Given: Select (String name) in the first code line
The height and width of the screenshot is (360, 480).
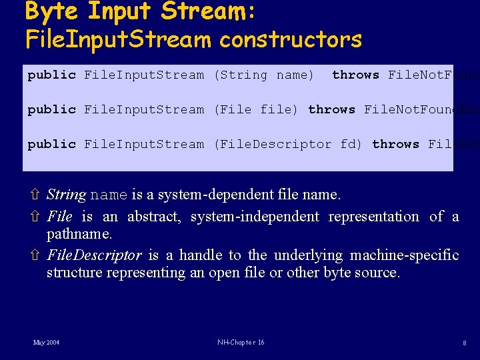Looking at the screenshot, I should click(263, 75).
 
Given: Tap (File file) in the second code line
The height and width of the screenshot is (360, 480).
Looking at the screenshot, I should click(255, 109).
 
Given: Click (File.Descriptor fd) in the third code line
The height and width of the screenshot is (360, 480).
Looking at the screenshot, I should click(288, 144).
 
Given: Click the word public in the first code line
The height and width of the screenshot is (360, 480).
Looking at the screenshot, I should click(51, 75).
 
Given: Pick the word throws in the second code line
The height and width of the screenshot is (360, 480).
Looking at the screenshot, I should click(331, 109).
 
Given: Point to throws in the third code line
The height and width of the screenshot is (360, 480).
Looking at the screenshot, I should click(395, 144).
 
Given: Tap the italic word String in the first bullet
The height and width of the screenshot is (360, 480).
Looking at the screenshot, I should click(66, 195).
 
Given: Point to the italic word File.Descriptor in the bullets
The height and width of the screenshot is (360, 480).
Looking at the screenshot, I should click(94, 255).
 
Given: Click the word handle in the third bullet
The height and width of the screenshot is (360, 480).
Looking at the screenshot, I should click(201, 255).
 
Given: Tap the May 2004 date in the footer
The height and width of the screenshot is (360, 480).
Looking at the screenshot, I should click(46, 342).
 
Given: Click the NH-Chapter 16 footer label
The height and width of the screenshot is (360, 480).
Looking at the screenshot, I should click(240, 342).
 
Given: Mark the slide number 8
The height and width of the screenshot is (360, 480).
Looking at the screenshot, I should click(464, 343).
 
